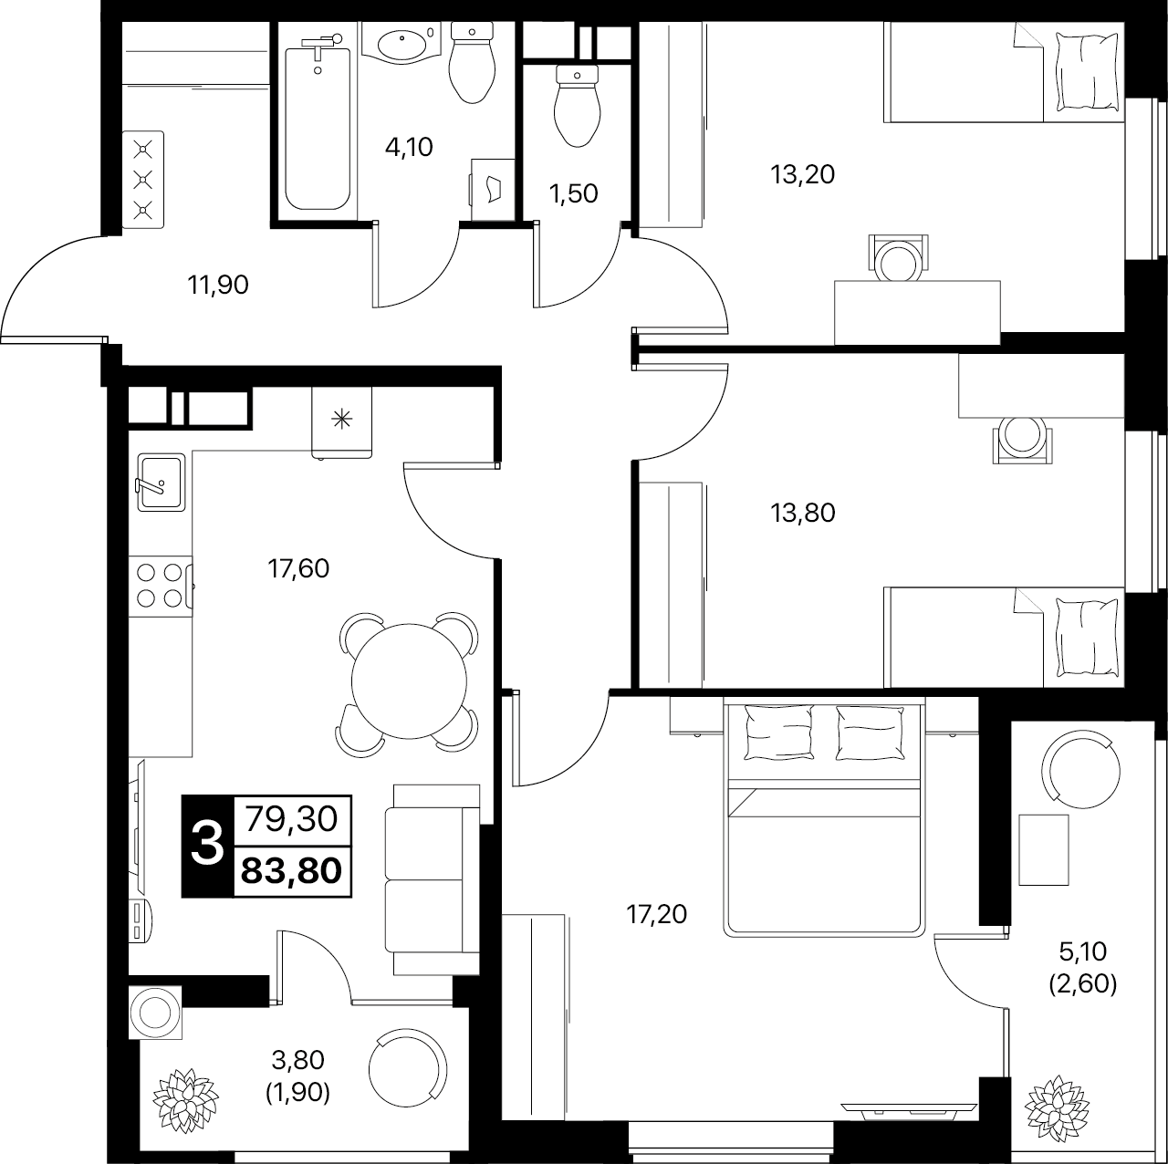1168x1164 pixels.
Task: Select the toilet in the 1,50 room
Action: coord(577,106)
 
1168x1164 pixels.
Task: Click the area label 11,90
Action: coord(218,285)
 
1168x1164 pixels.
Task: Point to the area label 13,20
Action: coord(802,174)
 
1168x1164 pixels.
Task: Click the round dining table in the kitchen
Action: coord(409,681)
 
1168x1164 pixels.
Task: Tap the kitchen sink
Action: coord(162,483)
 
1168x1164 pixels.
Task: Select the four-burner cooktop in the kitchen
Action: coord(161,586)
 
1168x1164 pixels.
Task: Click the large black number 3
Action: coord(207,846)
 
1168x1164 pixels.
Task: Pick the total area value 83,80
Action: coord(292,871)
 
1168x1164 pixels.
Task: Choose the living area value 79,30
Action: coord(292,819)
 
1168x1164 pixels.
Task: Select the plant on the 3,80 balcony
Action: coord(185,1100)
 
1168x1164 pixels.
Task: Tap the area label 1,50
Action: coord(573,194)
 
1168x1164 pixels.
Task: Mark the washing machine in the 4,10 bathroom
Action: coord(493,190)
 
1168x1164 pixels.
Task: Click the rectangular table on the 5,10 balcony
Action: coord(1043,850)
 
